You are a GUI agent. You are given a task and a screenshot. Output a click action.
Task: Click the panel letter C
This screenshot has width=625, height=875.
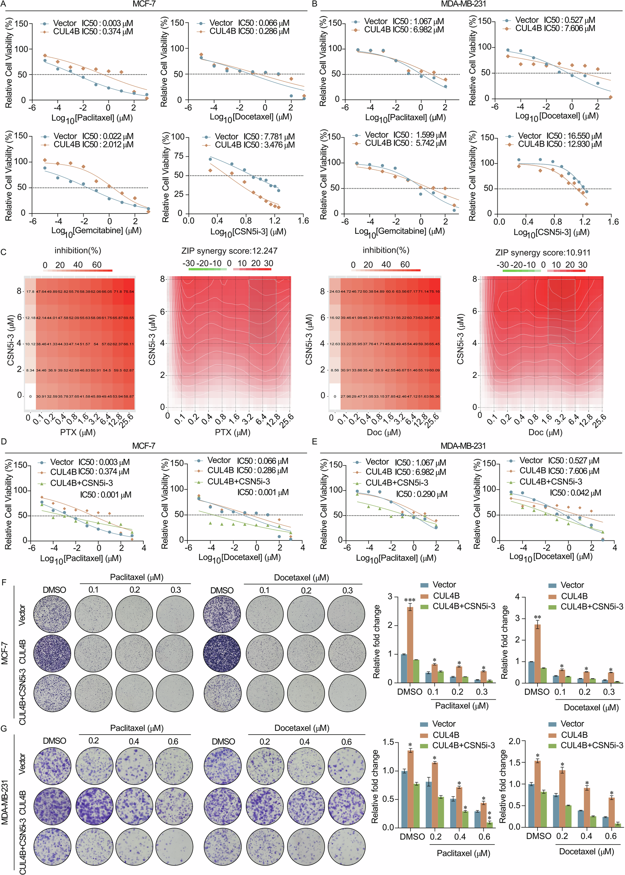click(3, 252)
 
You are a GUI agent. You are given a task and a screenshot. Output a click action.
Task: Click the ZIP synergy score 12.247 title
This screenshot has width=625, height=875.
click(229, 251)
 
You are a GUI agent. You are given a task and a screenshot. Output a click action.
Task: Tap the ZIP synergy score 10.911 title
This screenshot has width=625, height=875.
click(543, 253)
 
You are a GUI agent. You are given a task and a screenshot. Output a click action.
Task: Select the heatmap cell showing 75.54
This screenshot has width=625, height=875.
click(129, 292)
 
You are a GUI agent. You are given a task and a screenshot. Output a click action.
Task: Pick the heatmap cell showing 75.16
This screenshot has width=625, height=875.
click(434, 292)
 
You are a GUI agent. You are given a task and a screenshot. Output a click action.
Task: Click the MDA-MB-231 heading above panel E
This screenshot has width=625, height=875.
click(463, 446)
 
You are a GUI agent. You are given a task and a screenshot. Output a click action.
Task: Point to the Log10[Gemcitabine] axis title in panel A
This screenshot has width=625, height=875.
click(96, 231)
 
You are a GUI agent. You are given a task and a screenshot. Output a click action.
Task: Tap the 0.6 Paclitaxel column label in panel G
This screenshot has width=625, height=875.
click(173, 741)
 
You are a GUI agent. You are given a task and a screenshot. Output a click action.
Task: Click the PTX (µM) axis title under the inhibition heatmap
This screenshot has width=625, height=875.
click(78, 432)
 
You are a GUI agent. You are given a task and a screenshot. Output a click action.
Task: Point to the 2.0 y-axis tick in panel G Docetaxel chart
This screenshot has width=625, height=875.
click(514, 741)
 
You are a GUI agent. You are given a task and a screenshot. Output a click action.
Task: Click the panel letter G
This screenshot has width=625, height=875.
click(4, 728)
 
